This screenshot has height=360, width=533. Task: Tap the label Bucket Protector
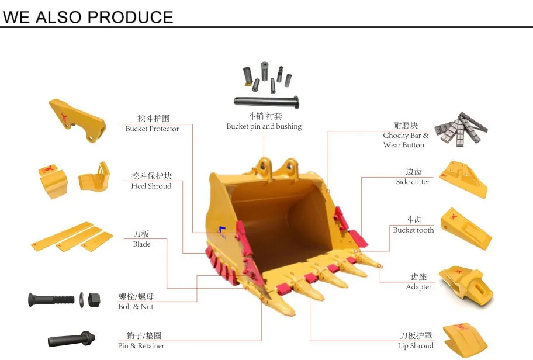pyautogui.click(x=152, y=129)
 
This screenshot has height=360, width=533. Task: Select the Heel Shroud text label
pyautogui.click(x=151, y=186)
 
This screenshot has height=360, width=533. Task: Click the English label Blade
pyautogui.click(x=141, y=244)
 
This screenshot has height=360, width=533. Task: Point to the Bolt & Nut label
pyautogui.click(x=136, y=307)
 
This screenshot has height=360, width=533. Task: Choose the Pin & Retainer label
pyautogui.click(x=141, y=346)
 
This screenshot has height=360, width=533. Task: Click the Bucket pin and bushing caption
pyautogui.click(x=264, y=126)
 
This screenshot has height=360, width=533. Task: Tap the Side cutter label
pyautogui.click(x=413, y=182)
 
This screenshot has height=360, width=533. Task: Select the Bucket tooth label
pyautogui.click(x=413, y=230)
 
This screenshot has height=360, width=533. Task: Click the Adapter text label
pyautogui.click(x=418, y=287)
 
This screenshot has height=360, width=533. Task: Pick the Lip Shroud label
pyautogui.click(x=416, y=346)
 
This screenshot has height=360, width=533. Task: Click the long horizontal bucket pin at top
pyautogui.click(x=266, y=101)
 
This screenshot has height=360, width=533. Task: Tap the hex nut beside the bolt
pyautogui.click(x=95, y=300)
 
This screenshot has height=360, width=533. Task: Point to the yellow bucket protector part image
pyautogui.click(x=76, y=120)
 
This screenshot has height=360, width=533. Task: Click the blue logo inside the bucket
pyautogui.click(x=222, y=232)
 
